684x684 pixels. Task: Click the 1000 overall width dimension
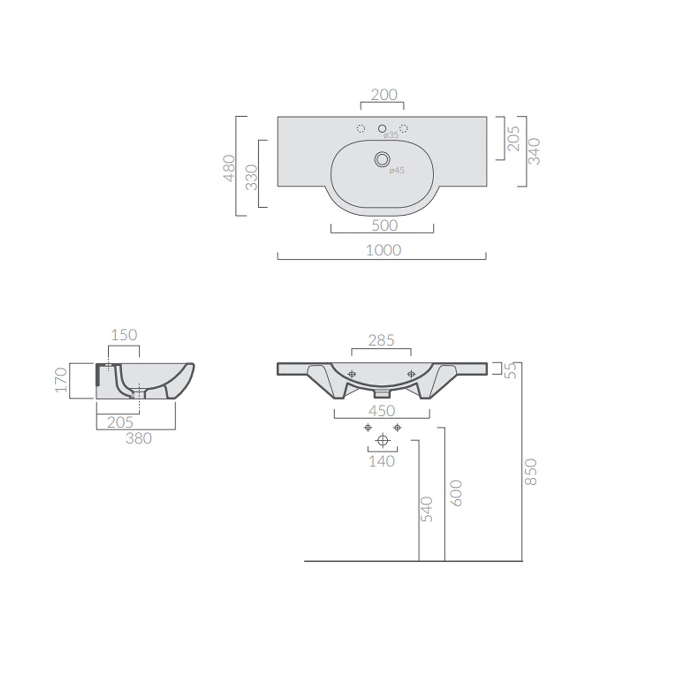(x=383, y=250)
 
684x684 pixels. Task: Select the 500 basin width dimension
(x=384, y=226)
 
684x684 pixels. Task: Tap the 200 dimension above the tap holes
(x=384, y=95)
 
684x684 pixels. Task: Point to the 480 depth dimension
(x=229, y=168)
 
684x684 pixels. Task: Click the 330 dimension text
(x=251, y=177)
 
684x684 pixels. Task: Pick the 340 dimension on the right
(x=534, y=151)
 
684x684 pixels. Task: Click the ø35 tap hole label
(x=391, y=135)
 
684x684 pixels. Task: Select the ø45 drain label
(x=397, y=171)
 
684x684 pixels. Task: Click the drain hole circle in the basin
(x=382, y=159)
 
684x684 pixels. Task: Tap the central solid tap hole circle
(x=382, y=129)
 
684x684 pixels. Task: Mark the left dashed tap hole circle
(x=361, y=129)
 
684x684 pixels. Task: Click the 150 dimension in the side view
(x=124, y=335)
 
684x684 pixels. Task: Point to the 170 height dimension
(x=61, y=380)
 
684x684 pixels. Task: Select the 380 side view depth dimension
(x=139, y=439)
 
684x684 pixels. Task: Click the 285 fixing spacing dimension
(x=381, y=341)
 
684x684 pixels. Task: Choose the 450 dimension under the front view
(x=382, y=411)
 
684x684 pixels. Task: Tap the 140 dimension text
(x=382, y=461)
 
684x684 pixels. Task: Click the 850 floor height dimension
(x=531, y=472)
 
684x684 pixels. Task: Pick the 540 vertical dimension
(x=426, y=509)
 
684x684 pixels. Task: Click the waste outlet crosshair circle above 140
(x=383, y=440)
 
